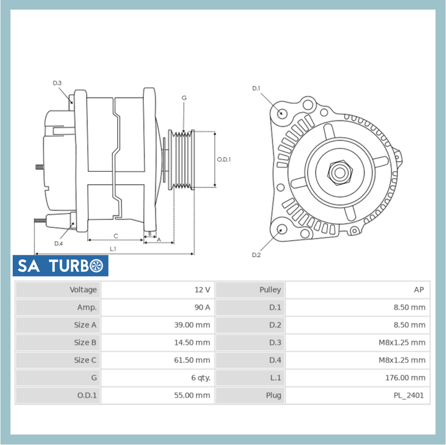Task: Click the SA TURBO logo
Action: tap(60, 266)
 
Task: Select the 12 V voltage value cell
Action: tap(202, 290)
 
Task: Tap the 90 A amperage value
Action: tap(202, 307)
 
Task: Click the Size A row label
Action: tap(85, 325)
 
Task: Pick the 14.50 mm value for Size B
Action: tap(192, 342)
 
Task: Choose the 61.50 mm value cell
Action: tap(192, 360)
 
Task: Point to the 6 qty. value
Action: tap(201, 378)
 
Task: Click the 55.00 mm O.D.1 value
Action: tap(192, 395)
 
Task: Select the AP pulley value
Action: tap(418, 290)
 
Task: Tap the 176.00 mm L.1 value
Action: tap(405, 378)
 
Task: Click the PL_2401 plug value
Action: tap(408, 395)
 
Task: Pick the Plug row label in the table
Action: tap(273, 395)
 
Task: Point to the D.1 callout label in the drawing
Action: tap(256, 88)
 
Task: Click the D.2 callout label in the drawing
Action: tap(256, 255)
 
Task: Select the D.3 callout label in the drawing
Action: tap(57, 83)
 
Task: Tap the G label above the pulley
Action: tap(184, 98)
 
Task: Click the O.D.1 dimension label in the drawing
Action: tap(224, 160)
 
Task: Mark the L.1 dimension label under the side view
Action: tap(113, 249)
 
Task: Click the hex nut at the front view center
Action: tap(339, 172)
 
